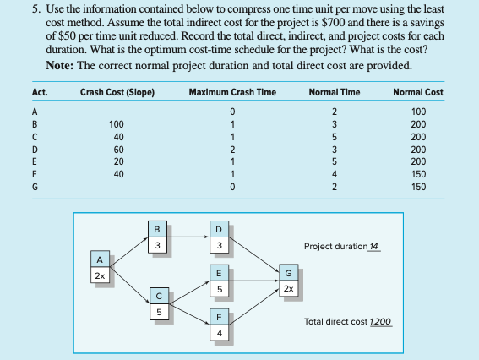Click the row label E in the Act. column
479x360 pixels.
pyautogui.click(x=34, y=161)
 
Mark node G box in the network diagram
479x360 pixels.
pyautogui.click(x=290, y=280)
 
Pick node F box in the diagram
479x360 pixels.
pyautogui.click(x=218, y=325)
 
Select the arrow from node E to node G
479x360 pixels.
pyautogui.click(x=253, y=280)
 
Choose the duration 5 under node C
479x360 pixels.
pyautogui.click(x=156, y=312)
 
